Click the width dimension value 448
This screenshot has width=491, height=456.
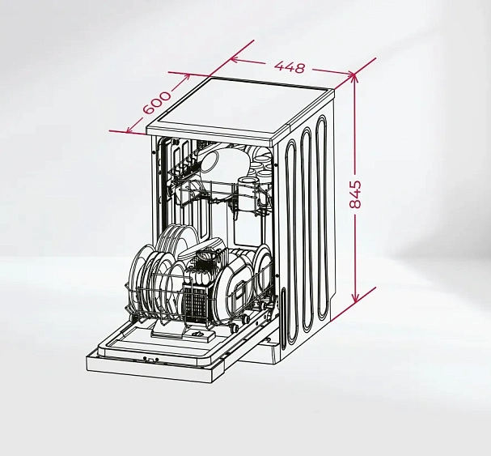290,66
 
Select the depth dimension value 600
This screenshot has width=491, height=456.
157,103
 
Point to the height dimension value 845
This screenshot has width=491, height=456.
355,194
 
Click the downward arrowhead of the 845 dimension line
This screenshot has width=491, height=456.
355,298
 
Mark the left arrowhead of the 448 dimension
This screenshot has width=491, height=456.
235,60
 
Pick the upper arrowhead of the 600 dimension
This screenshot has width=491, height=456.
186,77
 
